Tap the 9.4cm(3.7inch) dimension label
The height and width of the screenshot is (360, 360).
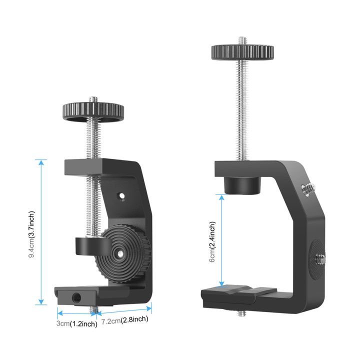pyautogui.click(x=31, y=232)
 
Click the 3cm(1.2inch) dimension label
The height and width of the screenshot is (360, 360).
pyautogui.click(x=76, y=323)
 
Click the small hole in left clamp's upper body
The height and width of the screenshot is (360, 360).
pyautogui.click(x=120, y=195)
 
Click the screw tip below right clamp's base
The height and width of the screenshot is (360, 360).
pyautogui.click(x=242, y=314)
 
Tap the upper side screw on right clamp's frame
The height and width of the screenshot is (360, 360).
pyautogui.click(x=305, y=189)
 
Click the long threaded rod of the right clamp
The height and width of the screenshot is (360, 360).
pyautogui.click(x=242, y=110)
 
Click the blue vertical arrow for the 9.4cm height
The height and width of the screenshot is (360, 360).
pyautogui.click(x=41, y=232)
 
